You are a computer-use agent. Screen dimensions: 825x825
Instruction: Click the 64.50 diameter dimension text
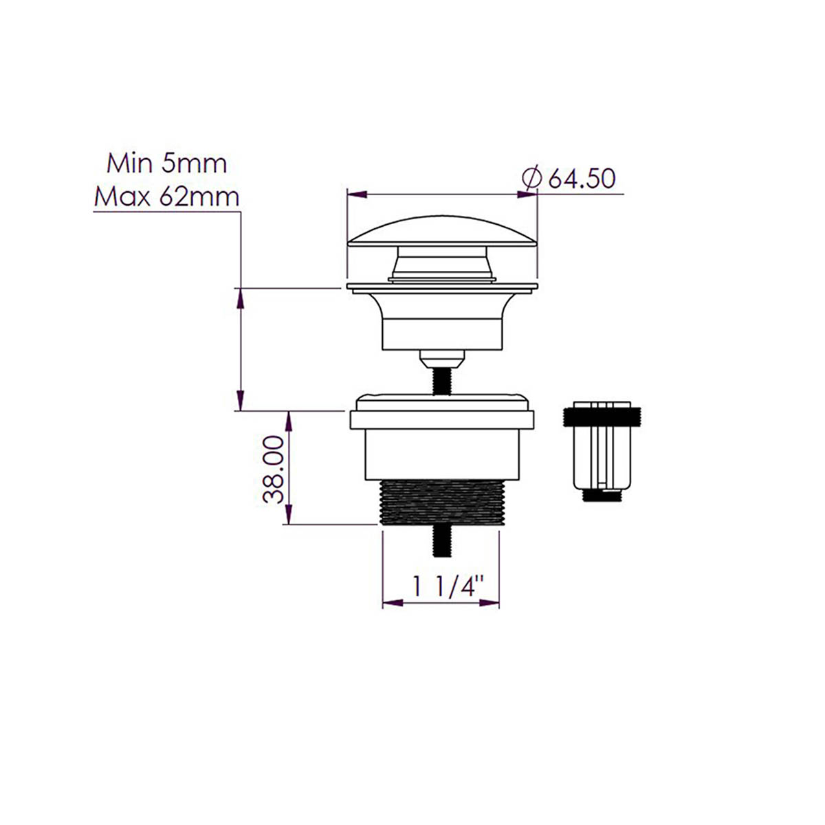click(582, 179)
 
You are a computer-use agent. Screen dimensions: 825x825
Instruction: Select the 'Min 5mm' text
click(166, 164)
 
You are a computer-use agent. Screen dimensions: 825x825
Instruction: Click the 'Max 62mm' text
click(166, 197)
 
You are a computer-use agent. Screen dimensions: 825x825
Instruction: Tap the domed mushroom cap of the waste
click(442, 231)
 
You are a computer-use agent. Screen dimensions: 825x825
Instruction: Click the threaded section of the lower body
click(441, 503)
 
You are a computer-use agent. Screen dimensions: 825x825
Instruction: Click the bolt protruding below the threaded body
click(441, 542)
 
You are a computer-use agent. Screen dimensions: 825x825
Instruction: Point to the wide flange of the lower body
click(441, 419)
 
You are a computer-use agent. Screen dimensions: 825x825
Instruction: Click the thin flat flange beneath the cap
click(442, 287)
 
